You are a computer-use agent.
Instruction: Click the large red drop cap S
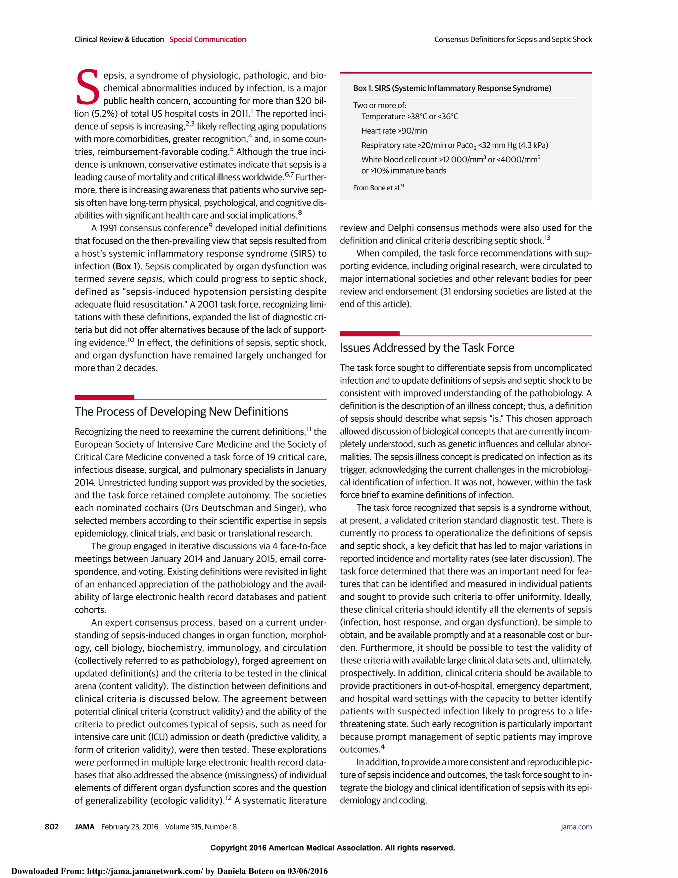(x=87, y=87)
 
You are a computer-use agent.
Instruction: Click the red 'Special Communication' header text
(x=207, y=39)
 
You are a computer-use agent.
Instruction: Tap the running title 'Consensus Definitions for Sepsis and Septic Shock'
(x=512, y=39)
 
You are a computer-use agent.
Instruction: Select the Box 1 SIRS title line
(x=452, y=88)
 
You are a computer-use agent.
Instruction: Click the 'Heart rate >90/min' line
(x=394, y=131)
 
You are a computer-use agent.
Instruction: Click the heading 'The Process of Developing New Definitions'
(x=181, y=412)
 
